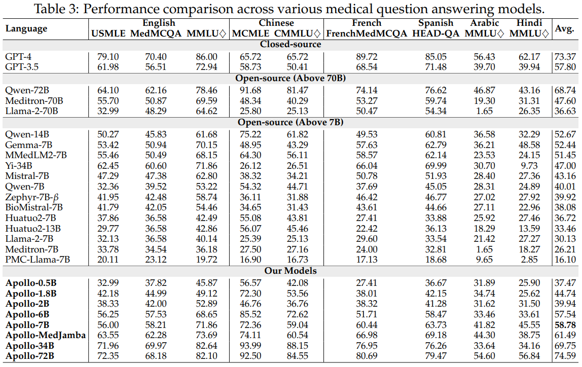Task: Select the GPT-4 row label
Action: coord(18,57)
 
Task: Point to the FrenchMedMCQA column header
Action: coord(367,34)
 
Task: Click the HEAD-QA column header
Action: coord(436,34)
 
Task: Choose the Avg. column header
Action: coord(564,29)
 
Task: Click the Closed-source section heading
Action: coord(290,45)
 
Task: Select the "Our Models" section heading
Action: coord(290,271)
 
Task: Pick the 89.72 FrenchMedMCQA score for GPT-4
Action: coord(367,57)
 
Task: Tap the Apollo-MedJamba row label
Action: coord(46,336)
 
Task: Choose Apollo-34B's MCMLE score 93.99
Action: coord(247,346)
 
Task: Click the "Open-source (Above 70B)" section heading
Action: coord(290,79)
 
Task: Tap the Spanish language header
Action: coord(435,23)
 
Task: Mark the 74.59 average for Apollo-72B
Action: coord(564,356)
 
